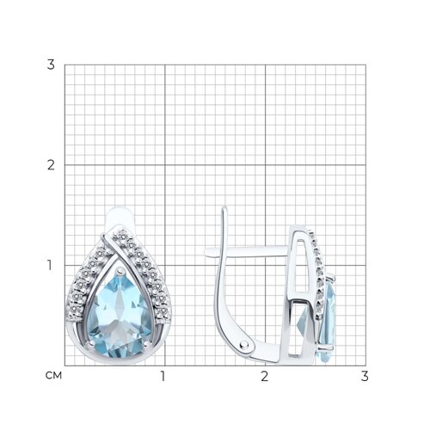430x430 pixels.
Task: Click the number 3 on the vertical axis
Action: point(51,64)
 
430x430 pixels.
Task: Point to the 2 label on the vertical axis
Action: point(51,165)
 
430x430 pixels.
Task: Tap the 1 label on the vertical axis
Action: point(50,265)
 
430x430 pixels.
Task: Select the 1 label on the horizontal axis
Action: point(163,376)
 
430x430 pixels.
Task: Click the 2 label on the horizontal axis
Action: point(265,376)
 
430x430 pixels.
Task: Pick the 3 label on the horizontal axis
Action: point(365,376)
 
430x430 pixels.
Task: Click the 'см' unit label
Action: point(53,376)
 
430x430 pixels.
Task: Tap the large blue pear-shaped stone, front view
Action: point(119,312)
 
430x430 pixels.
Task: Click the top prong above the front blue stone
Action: point(119,270)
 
